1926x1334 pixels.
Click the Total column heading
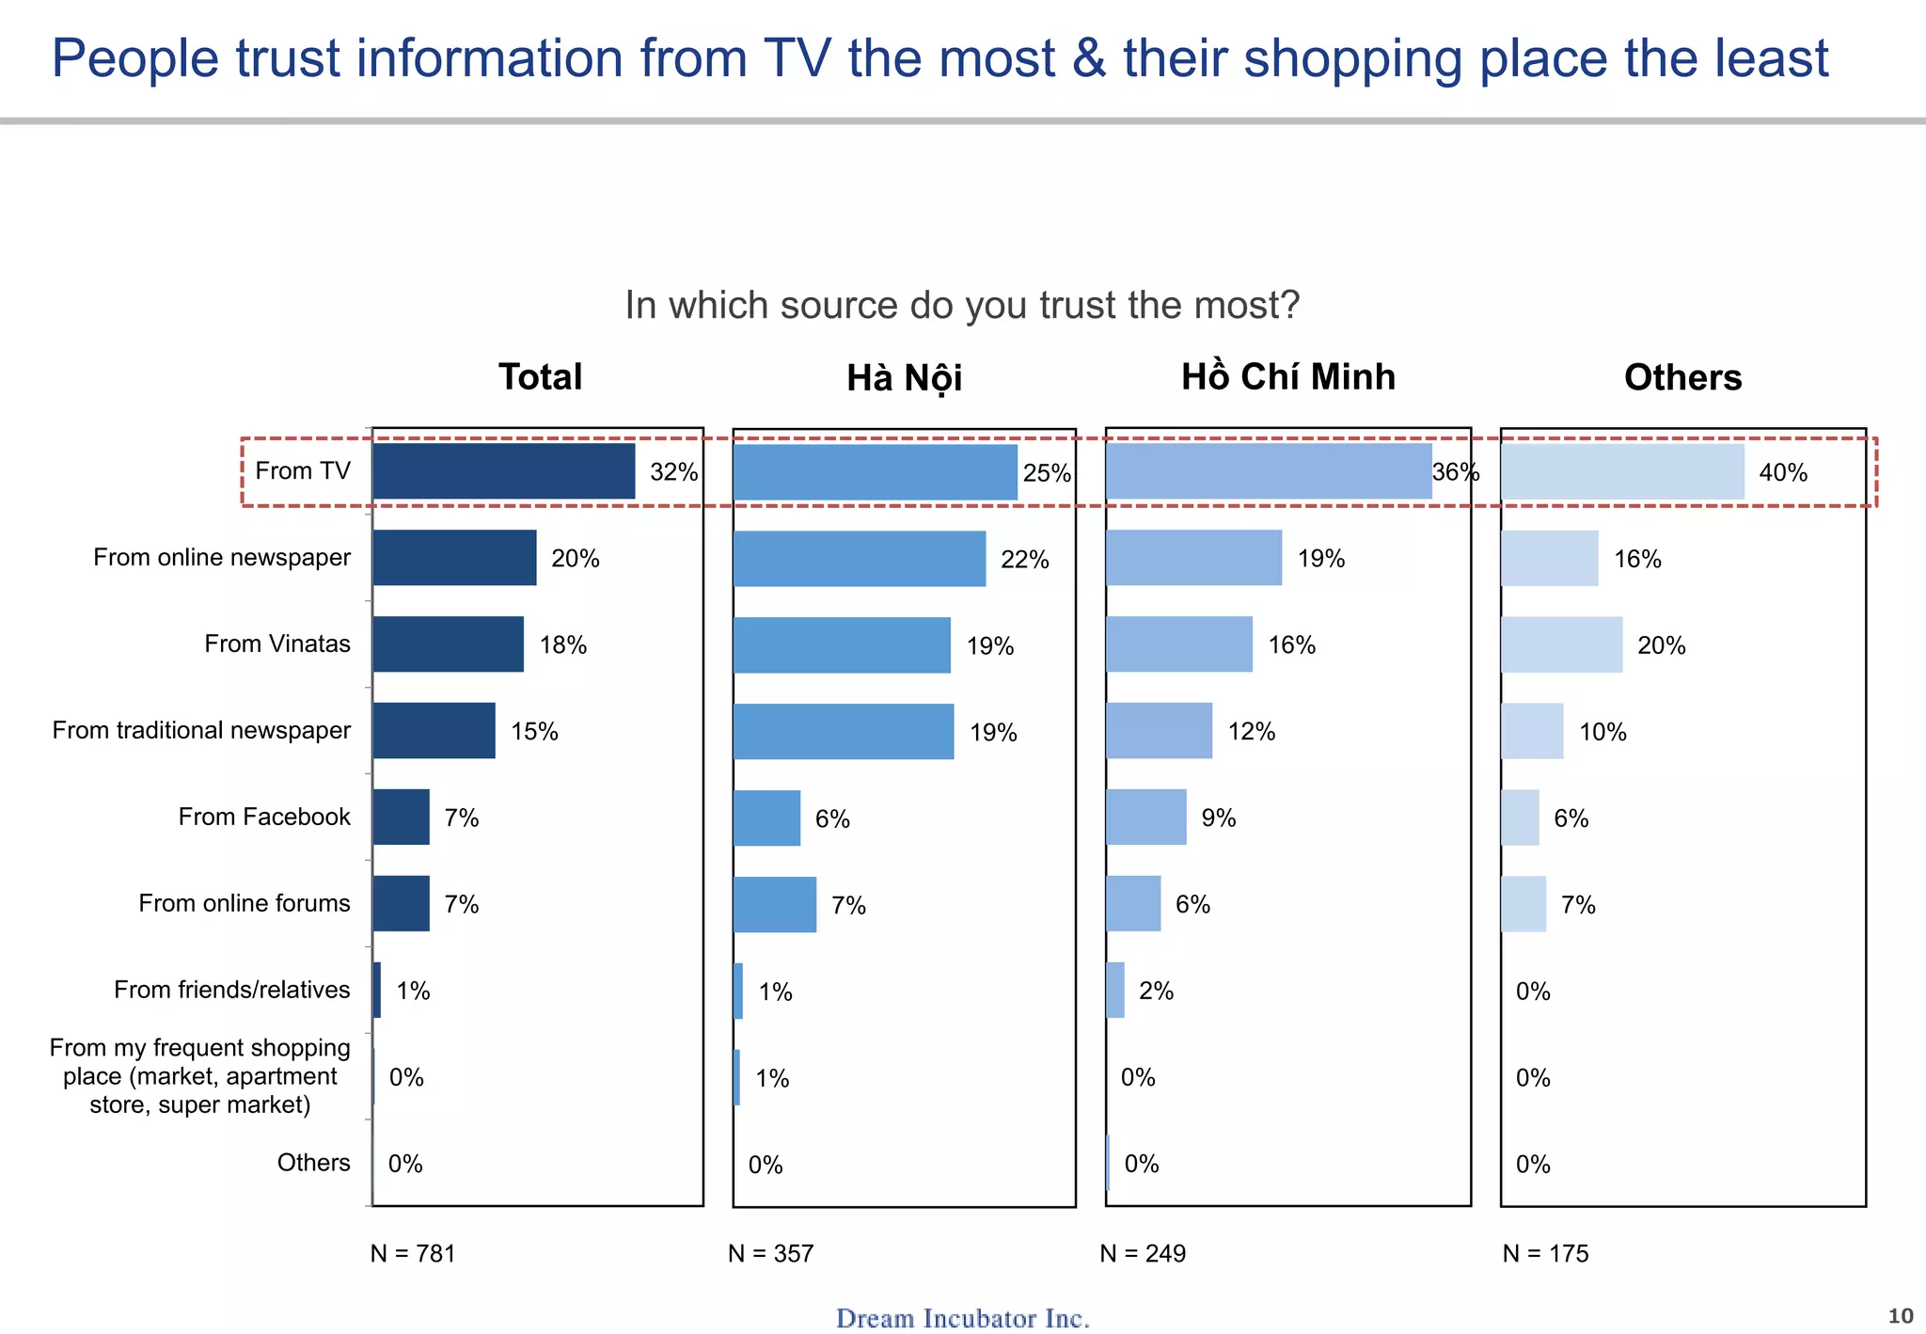click(540, 377)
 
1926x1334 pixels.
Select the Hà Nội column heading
click(904, 378)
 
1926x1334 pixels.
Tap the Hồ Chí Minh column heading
click(1287, 377)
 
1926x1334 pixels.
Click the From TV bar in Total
click(503, 471)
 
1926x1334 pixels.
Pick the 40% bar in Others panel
click(1622, 472)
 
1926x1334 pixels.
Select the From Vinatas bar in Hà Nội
click(842, 645)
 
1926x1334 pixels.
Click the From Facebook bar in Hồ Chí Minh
click(1145, 818)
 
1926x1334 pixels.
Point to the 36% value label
click(1455, 472)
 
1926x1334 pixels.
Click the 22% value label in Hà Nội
click(1024, 560)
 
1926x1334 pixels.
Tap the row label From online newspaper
click(222, 558)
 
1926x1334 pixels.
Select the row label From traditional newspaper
click(201, 731)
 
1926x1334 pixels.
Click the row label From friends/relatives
click(231, 990)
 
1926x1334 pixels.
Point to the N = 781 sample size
click(413, 1254)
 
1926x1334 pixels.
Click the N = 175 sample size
click(1545, 1254)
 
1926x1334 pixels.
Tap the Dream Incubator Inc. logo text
click(962, 1318)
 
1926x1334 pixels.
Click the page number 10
click(1900, 1316)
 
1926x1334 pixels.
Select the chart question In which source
click(961, 306)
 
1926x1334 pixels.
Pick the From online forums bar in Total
click(401, 904)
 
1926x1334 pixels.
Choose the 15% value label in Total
click(534, 732)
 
